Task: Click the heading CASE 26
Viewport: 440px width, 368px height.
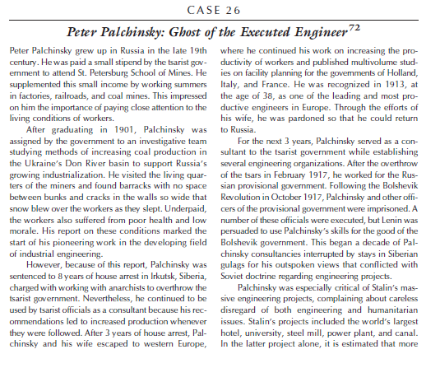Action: (x=220, y=10)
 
